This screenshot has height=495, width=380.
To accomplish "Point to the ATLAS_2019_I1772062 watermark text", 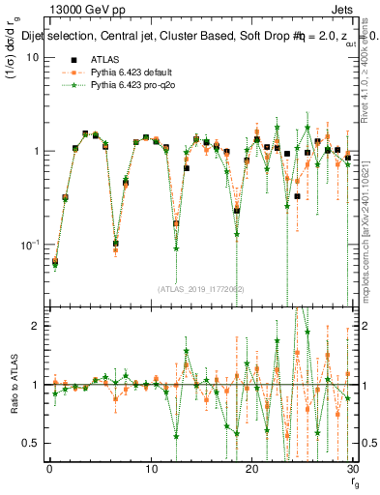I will tap(200, 288).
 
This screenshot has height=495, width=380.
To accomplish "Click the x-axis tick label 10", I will tap(151, 469).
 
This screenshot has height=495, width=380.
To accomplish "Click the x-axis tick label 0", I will tap(49, 469).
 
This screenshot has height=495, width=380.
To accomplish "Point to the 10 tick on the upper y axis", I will tap(31, 57).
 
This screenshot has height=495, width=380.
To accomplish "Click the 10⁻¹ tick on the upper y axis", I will tap(29, 245).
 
